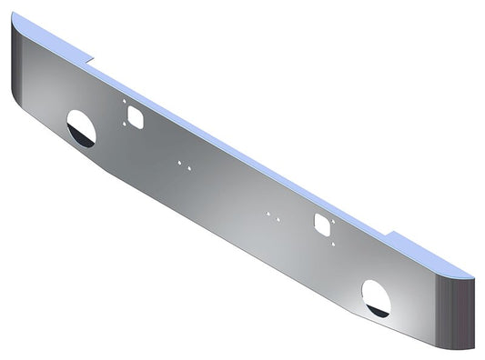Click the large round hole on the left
coord(80,129)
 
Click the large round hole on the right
coord(375,297)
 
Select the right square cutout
coord(321,223)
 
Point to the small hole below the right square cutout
coord(333,243)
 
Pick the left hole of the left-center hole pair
coord(179,164)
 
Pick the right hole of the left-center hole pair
coord(188,166)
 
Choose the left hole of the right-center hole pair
coord(268,215)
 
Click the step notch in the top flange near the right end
coord(389,236)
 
